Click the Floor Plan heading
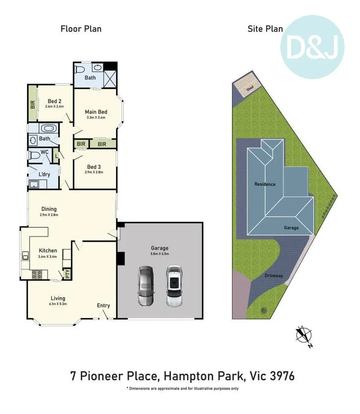click(x=81, y=29)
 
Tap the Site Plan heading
click(x=265, y=29)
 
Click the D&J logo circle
click(x=312, y=47)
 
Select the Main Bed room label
click(x=97, y=112)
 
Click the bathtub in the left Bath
click(x=48, y=128)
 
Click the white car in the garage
click(x=173, y=287)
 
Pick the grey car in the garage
click(x=146, y=287)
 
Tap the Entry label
click(x=103, y=306)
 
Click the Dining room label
click(x=49, y=209)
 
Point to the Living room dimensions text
click(x=58, y=304)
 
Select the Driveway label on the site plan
click(x=274, y=276)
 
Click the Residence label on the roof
click(x=264, y=184)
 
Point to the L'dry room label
click(x=45, y=174)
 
